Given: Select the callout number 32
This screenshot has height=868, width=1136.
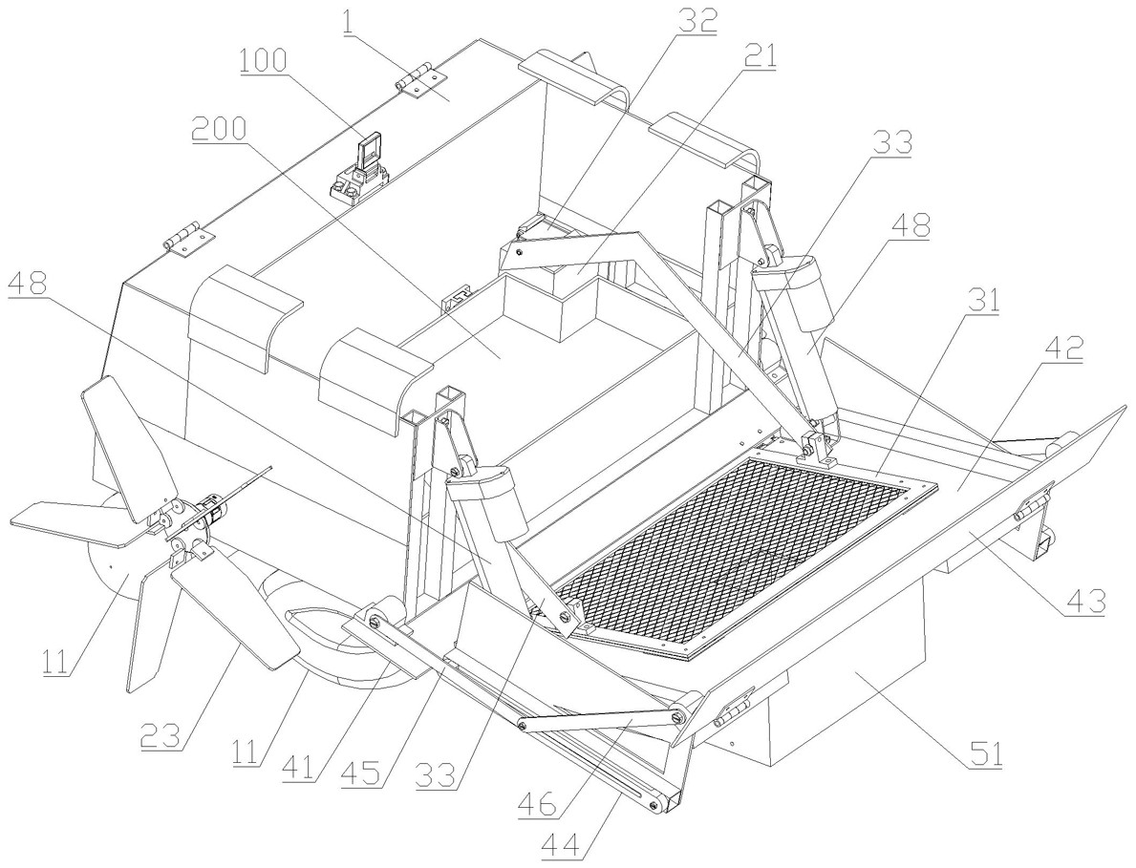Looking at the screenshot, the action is tap(697, 21).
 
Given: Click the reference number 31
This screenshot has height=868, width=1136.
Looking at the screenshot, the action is tap(983, 299).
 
